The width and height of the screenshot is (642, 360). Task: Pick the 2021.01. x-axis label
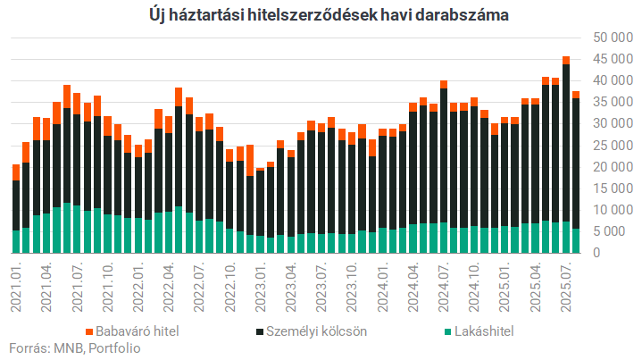(x=17, y=285)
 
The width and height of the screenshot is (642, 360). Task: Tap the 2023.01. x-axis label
(x=260, y=285)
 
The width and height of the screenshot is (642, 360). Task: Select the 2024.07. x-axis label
(x=443, y=285)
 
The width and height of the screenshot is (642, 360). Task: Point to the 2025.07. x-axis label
(x=565, y=285)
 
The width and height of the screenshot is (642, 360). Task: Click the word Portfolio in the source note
(x=115, y=348)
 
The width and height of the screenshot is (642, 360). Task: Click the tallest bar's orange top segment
(x=566, y=60)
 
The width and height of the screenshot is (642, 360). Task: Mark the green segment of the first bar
(x=16, y=241)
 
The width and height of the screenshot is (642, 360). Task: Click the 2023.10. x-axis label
(x=352, y=285)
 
